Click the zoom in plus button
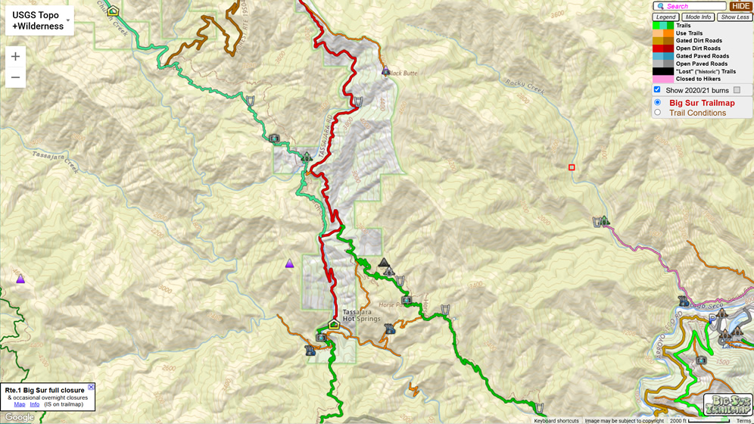(x=15, y=57)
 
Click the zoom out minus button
(x=15, y=77)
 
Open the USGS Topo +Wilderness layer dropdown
(x=39, y=20)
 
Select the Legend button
(x=666, y=17)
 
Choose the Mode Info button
(x=698, y=17)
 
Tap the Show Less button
(x=734, y=17)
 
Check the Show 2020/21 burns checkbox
(x=657, y=90)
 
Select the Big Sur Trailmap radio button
(x=657, y=102)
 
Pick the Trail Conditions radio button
(x=657, y=113)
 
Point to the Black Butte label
(x=402, y=73)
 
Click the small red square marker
(x=572, y=167)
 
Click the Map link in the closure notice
(x=20, y=404)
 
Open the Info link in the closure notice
(x=35, y=404)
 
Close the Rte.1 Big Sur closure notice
(x=92, y=387)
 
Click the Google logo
(x=19, y=417)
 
